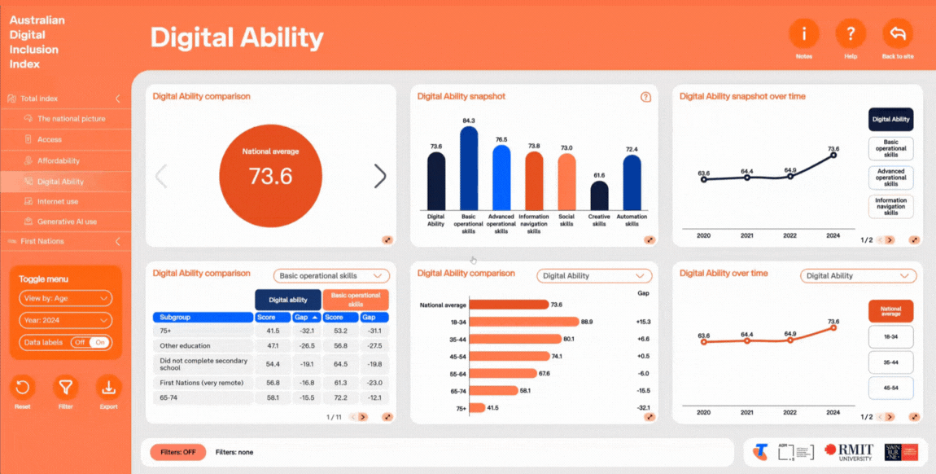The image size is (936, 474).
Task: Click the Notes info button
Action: click(804, 34)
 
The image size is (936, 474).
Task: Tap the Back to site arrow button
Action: click(898, 34)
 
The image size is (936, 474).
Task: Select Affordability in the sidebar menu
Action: click(59, 160)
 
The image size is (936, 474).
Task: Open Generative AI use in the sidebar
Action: click(67, 222)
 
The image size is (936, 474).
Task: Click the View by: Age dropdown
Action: click(65, 299)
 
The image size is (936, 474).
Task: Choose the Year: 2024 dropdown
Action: click(65, 321)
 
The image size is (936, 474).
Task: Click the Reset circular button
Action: click(23, 388)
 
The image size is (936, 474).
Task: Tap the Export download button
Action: click(108, 388)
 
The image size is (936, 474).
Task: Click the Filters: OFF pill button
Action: click(177, 452)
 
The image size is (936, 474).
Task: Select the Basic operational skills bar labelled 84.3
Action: click(469, 167)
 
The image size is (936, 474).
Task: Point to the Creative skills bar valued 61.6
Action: click(599, 195)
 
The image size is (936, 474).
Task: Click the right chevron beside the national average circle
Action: click(380, 176)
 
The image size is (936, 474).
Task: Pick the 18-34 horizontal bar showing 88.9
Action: click(524, 322)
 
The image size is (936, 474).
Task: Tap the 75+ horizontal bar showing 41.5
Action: click(478, 407)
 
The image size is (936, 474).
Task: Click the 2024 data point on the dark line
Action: click(833, 156)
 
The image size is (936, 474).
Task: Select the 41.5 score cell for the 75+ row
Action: click(273, 331)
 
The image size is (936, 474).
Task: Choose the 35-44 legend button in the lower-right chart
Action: click(891, 362)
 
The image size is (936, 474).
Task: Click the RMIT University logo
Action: click(848, 452)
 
